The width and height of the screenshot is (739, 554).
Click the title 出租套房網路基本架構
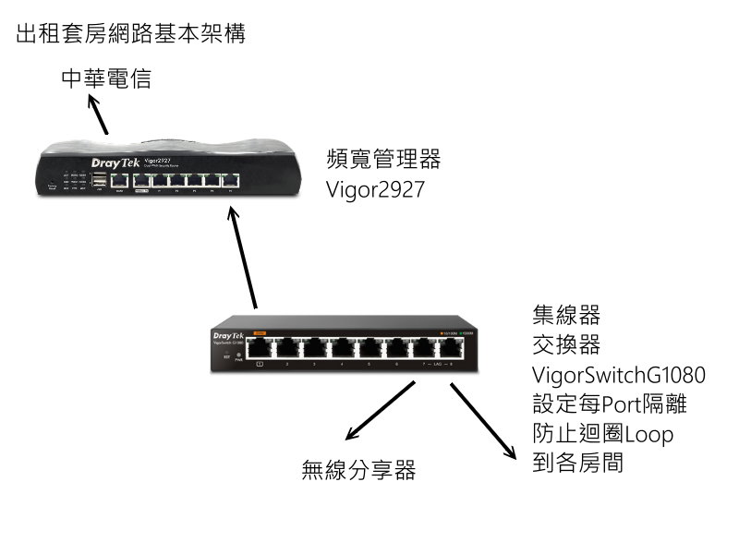pyautogui.click(x=130, y=36)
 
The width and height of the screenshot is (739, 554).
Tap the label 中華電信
pyautogui.click(x=105, y=80)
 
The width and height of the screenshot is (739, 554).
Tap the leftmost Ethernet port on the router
pyautogui.click(x=119, y=180)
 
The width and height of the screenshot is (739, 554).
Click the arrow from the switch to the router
pyautogui.click(x=242, y=258)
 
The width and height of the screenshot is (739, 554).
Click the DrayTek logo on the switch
pyautogui.click(x=228, y=335)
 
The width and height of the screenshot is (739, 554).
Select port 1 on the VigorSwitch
pyautogui.click(x=260, y=349)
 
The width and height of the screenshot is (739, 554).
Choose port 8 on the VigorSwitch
pyautogui.click(x=452, y=349)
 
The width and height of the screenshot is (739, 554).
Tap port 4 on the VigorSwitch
pyautogui.click(x=342, y=349)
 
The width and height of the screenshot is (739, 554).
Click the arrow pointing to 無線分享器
pyautogui.click(x=377, y=412)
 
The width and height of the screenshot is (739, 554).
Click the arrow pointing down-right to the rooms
pyautogui.click(x=483, y=420)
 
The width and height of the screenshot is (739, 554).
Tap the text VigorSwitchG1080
pyautogui.click(x=619, y=375)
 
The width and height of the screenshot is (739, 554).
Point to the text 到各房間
pyautogui.click(x=578, y=462)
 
